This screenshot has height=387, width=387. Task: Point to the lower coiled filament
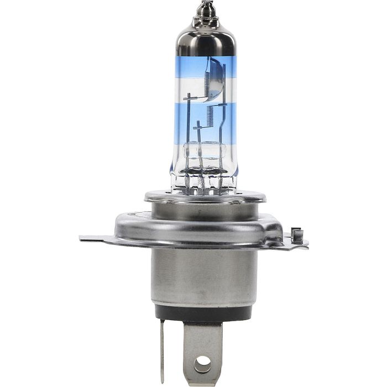click(x=211, y=115)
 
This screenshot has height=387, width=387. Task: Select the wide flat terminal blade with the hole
click(x=203, y=348)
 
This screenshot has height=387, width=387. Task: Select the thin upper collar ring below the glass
click(x=205, y=196)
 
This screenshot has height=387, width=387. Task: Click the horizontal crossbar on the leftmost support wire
click(x=190, y=98)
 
